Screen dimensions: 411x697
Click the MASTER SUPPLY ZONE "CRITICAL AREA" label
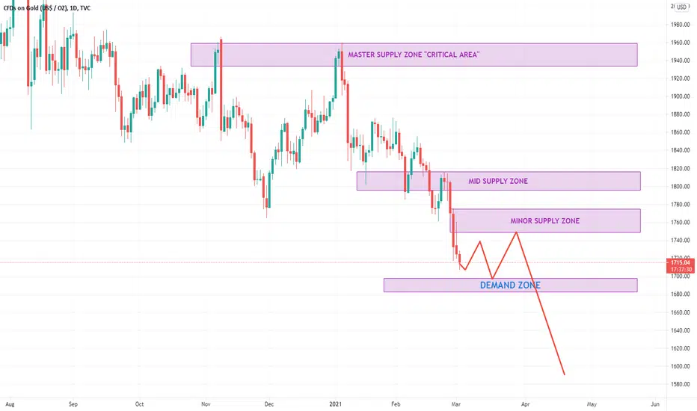(414, 55)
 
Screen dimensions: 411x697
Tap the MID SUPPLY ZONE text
(498, 181)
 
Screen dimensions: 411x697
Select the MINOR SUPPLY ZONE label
(544, 220)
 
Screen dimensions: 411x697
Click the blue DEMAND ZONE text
(510, 285)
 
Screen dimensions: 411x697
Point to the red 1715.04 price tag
(680, 262)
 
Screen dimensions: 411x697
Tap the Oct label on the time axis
(138, 404)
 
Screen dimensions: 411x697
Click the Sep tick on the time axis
(73, 404)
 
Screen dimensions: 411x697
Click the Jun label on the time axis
(655, 404)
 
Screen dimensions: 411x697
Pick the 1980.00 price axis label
(680, 25)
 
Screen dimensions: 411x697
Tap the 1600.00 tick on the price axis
(680, 367)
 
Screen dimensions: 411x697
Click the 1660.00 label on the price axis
(680, 312)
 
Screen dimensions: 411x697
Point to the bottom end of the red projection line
(565, 374)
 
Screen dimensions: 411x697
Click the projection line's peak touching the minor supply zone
(516, 232)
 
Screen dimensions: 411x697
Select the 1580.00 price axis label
(680, 385)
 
